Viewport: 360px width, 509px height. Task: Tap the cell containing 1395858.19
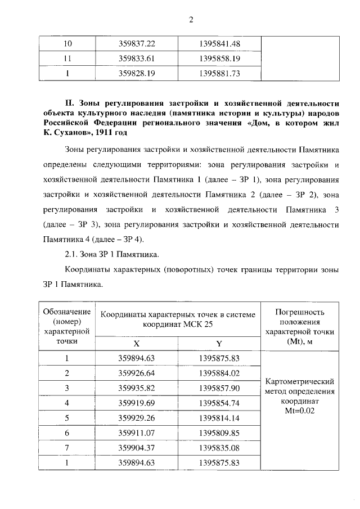pyautogui.click(x=220, y=58)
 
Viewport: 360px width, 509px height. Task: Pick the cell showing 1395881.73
pyautogui.click(x=220, y=73)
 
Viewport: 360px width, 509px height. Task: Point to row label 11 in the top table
pyautogui.click(x=67, y=58)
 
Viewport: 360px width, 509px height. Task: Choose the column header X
pyautogui.click(x=137, y=343)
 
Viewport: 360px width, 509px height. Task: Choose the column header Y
pyautogui.click(x=219, y=343)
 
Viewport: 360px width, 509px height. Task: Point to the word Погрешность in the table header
pyautogui.click(x=299, y=312)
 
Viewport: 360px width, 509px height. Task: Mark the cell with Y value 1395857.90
pyautogui.click(x=220, y=388)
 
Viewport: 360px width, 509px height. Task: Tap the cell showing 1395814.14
pyautogui.click(x=220, y=418)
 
